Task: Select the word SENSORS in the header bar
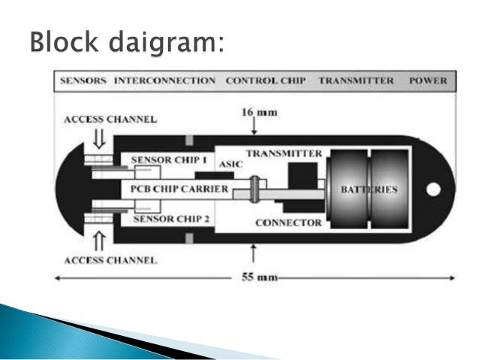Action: coord(83,80)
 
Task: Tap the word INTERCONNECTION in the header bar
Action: coord(165,80)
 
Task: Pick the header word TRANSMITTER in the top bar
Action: coord(355,80)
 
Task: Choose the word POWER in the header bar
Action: coord(428,80)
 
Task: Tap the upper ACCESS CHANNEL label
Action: coord(110,119)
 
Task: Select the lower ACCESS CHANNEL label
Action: coord(110,260)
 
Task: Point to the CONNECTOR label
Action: coord(288,222)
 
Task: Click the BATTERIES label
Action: coord(369,190)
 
